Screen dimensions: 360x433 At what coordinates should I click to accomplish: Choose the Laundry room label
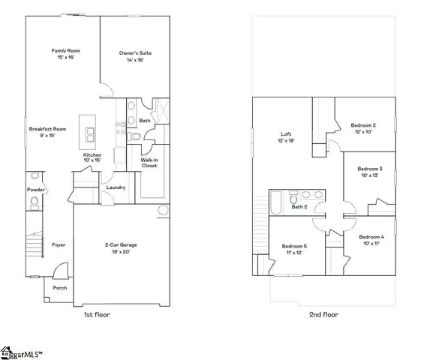(x=116, y=187)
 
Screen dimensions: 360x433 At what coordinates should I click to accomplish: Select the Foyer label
(x=59, y=244)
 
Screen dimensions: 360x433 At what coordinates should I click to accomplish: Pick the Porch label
(x=59, y=287)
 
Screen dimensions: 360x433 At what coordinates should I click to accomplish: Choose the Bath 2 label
(x=300, y=207)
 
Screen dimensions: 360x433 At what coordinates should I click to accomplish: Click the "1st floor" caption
(x=96, y=315)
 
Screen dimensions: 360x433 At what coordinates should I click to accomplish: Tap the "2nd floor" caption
(x=323, y=315)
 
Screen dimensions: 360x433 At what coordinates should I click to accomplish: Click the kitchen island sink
(x=91, y=135)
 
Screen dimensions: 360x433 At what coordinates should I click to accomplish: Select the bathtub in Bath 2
(x=275, y=202)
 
